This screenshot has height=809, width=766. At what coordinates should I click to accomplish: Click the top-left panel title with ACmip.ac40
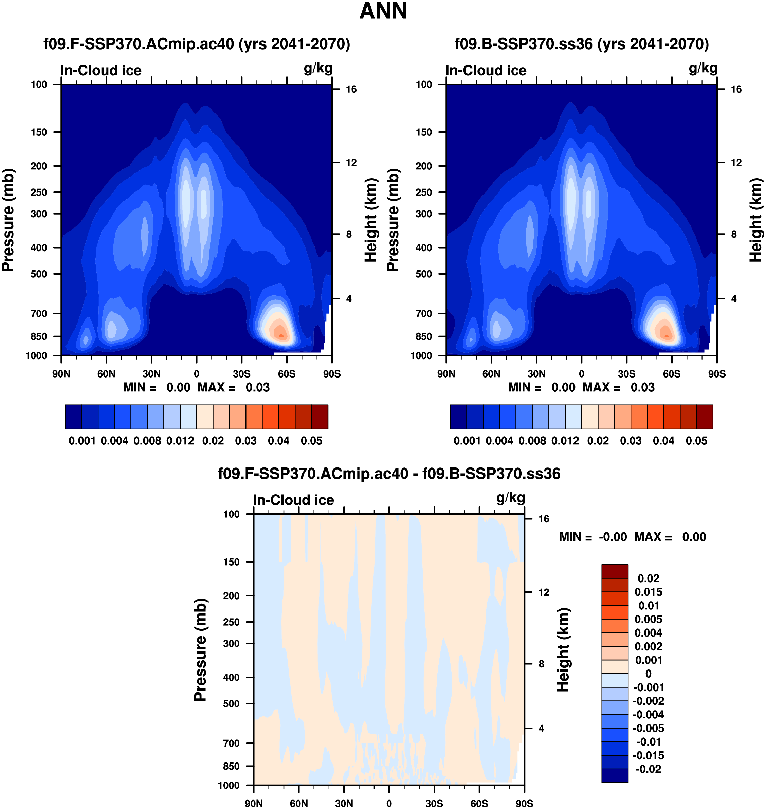tap(197, 44)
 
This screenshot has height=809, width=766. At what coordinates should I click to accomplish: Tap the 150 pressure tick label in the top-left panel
tap(39, 132)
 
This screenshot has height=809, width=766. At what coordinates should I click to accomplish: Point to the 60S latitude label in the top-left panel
tap(287, 374)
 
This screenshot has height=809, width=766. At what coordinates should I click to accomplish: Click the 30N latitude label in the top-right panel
tap(536, 374)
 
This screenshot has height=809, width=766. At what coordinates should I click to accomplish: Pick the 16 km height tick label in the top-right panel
tap(736, 89)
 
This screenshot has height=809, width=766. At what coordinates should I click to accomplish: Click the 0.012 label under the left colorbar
tap(180, 441)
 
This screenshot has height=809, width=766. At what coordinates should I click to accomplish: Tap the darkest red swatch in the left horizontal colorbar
tap(320, 417)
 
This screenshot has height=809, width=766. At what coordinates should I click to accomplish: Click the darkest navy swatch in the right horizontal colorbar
tap(458, 417)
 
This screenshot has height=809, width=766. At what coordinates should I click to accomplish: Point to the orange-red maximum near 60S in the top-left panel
tap(281, 335)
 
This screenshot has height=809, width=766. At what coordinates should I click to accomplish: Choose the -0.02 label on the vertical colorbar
tap(649, 769)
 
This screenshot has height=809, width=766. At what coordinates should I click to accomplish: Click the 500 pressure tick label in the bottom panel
tap(231, 704)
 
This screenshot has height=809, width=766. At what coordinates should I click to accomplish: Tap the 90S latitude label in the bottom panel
tap(524, 804)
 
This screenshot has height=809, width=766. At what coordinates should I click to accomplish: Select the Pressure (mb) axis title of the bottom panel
tap(200, 650)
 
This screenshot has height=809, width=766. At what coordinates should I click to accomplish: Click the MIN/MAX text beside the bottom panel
tap(632, 537)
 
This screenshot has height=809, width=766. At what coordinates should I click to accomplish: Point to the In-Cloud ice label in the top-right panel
tap(486, 71)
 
